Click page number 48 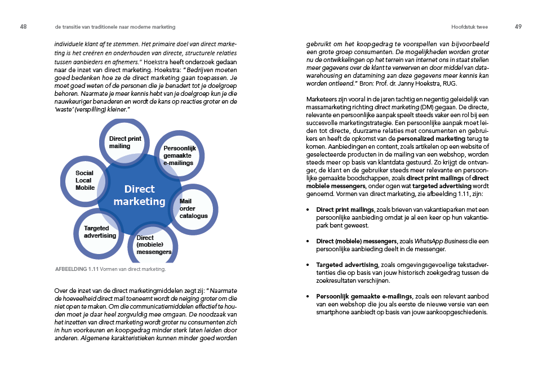click(x=23, y=26)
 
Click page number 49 click(x=518, y=26)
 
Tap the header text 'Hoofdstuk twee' click(x=469, y=27)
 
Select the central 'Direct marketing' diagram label click(x=140, y=195)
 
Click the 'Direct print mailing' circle click(x=124, y=142)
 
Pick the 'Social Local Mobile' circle click(x=85, y=181)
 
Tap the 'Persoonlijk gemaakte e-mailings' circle click(x=179, y=156)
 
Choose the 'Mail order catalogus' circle click(x=194, y=209)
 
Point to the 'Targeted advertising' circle click(x=99, y=233)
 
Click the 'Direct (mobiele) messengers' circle click(x=153, y=244)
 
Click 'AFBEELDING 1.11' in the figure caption click(x=77, y=269)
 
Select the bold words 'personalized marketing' click(x=431, y=139)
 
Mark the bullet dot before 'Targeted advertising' click(x=308, y=265)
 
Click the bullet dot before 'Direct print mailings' click(x=308, y=210)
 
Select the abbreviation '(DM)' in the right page click(x=426, y=108)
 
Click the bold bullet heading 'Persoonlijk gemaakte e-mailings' click(x=364, y=296)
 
